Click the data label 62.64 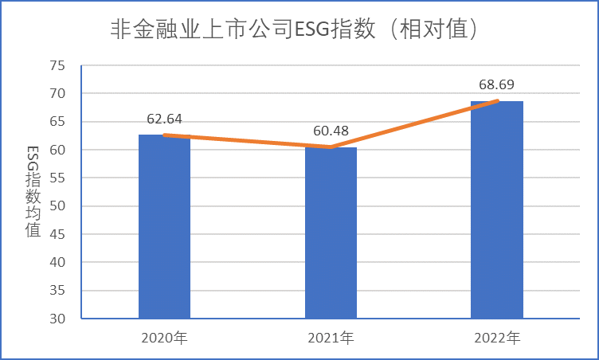point(165,119)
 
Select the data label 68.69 point(497,84)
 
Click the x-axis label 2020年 point(164,338)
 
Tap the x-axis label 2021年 point(331,338)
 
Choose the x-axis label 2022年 point(497,338)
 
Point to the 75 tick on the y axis point(57,65)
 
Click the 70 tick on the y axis point(57,94)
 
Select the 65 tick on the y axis point(57,122)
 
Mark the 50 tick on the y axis point(57,206)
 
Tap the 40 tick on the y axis point(57,262)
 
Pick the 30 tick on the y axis point(57,319)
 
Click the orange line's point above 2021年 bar point(331,147)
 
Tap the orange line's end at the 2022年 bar point(497,101)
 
